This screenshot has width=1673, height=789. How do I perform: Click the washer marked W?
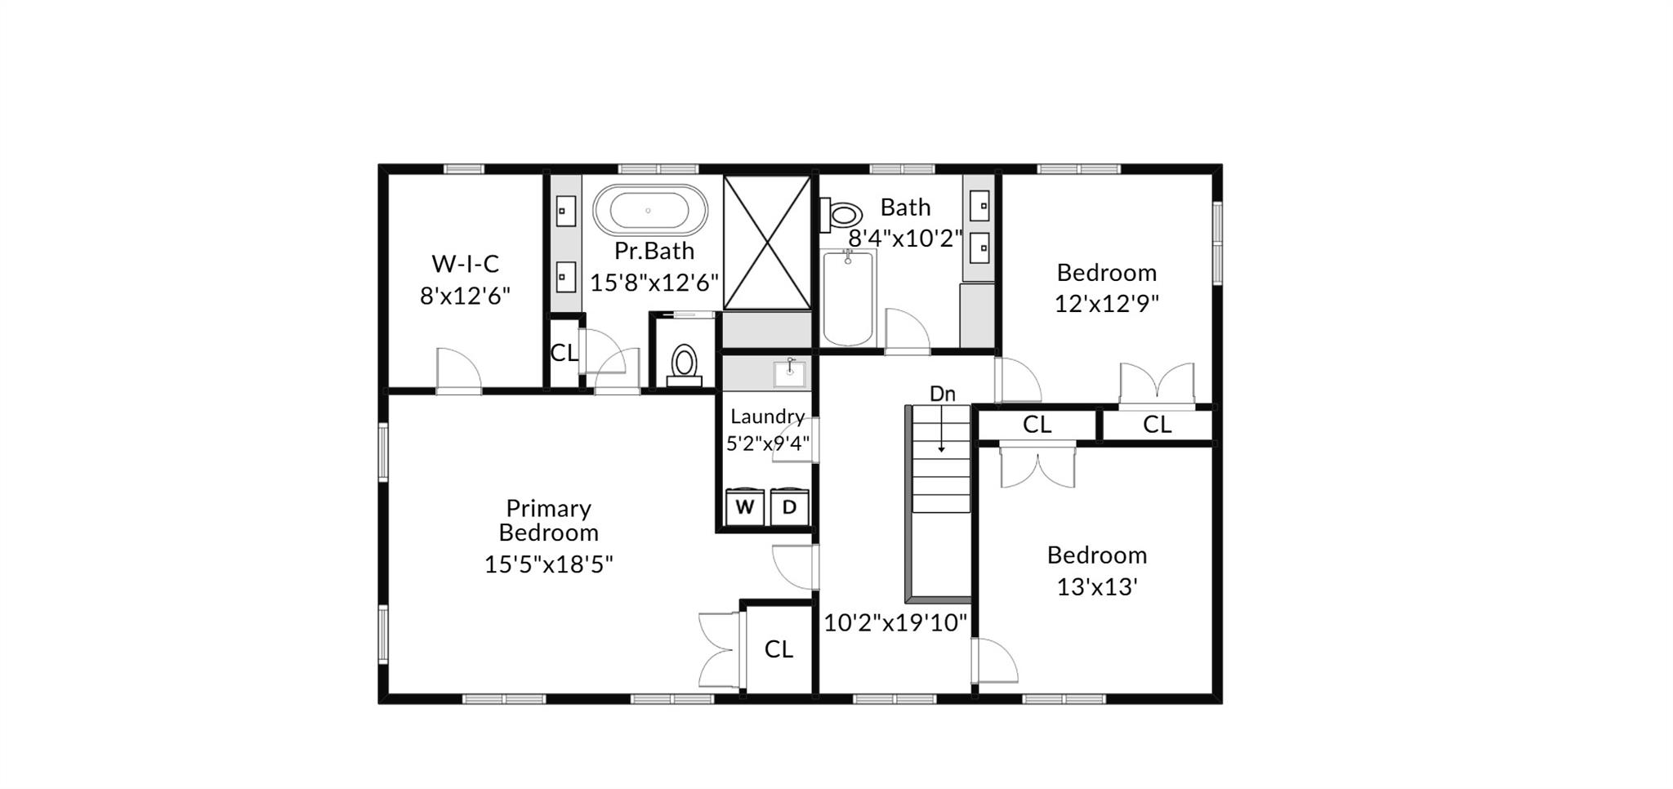pyautogui.click(x=745, y=506)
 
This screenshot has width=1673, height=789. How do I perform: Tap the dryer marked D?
pyautogui.click(x=789, y=506)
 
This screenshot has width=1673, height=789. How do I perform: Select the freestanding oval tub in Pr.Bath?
pyautogui.click(x=650, y=210)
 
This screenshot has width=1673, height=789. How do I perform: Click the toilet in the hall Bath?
pyautogui.click(x=841, y=215)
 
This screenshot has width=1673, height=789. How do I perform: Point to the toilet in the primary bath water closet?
pyautogui.click(x=684, y=365)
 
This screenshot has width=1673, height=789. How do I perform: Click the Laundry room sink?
pyautogui.click(x=789, y=373)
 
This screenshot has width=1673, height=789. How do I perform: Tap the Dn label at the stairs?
pyautogui.click(x=943, y=394)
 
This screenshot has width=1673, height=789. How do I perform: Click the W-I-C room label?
pyautogui.click(x=465, y=264)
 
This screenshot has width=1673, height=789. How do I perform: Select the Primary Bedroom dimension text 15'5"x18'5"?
pyautogui.click(x=548, y=564)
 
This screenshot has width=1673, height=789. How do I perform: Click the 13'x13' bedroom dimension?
pyautogui.click(x=1097, y=586)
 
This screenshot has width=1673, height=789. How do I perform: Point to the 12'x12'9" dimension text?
pyautogui.click(x=1106, y=304)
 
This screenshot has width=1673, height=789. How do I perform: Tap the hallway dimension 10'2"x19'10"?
pyautogui.click(x=895, y=623)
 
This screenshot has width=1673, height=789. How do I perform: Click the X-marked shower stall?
pyautogui.click(x=767, y=243)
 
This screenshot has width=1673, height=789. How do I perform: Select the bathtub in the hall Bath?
pyautogui.click(x=848, y=298)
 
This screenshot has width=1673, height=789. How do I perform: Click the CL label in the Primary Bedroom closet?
pyautogui.click(x=779, y=649)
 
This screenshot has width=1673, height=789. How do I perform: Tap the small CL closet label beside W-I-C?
pyautogui.click(x=564, y=353)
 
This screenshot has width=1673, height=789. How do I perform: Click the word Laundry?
pyautogui.click(x=767, y=417)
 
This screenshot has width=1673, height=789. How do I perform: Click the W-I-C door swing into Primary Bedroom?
pyautogui.click(x=458, y=372)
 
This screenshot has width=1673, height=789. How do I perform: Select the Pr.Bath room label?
pyautogui.click(x=654, y=251)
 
